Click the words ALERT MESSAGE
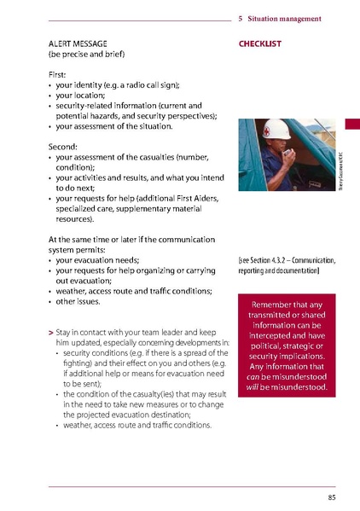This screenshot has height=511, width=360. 77,43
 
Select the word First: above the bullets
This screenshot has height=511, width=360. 60,75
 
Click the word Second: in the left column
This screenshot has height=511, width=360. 65,147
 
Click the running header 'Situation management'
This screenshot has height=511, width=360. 285,19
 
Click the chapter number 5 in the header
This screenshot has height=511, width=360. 241,19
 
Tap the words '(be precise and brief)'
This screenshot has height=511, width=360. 86,55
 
